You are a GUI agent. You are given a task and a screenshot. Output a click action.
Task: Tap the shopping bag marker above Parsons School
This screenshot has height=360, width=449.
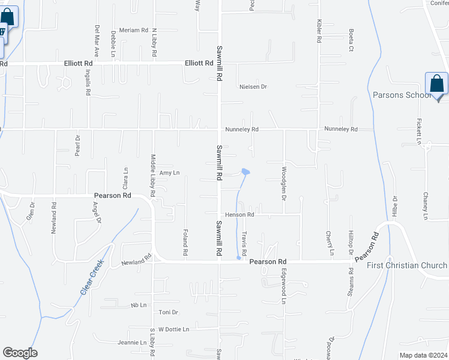pos(436,85)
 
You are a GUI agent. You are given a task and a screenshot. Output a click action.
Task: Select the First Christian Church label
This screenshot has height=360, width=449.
pos(407,266)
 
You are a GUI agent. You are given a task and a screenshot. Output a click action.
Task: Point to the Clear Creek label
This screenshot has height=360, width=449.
pos(92,276)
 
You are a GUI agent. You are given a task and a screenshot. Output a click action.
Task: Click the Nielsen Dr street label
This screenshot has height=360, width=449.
pos(253,87)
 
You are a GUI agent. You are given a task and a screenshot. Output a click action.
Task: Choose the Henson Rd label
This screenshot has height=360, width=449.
pos(240,214)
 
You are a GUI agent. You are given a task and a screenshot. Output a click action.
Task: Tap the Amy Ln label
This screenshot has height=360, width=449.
pos(169,173)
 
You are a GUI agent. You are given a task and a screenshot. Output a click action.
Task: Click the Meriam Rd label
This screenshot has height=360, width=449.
pos(133,30)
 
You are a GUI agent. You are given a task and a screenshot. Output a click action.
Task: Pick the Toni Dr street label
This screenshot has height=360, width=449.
pos(169,313)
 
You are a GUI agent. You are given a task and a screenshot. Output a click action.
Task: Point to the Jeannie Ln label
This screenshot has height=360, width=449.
pos(132,343)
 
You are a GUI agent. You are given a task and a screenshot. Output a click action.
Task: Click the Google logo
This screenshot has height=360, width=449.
pos(20,353)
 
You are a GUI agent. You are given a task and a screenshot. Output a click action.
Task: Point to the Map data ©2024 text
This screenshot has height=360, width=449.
pos(423,355)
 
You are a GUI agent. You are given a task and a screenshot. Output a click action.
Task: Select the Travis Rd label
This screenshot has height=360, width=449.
pos(244,242)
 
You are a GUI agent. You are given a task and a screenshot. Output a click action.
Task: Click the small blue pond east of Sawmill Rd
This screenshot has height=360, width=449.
pos(246,173)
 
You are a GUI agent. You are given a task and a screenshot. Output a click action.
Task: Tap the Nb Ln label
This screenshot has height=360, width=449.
pos(139,305)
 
